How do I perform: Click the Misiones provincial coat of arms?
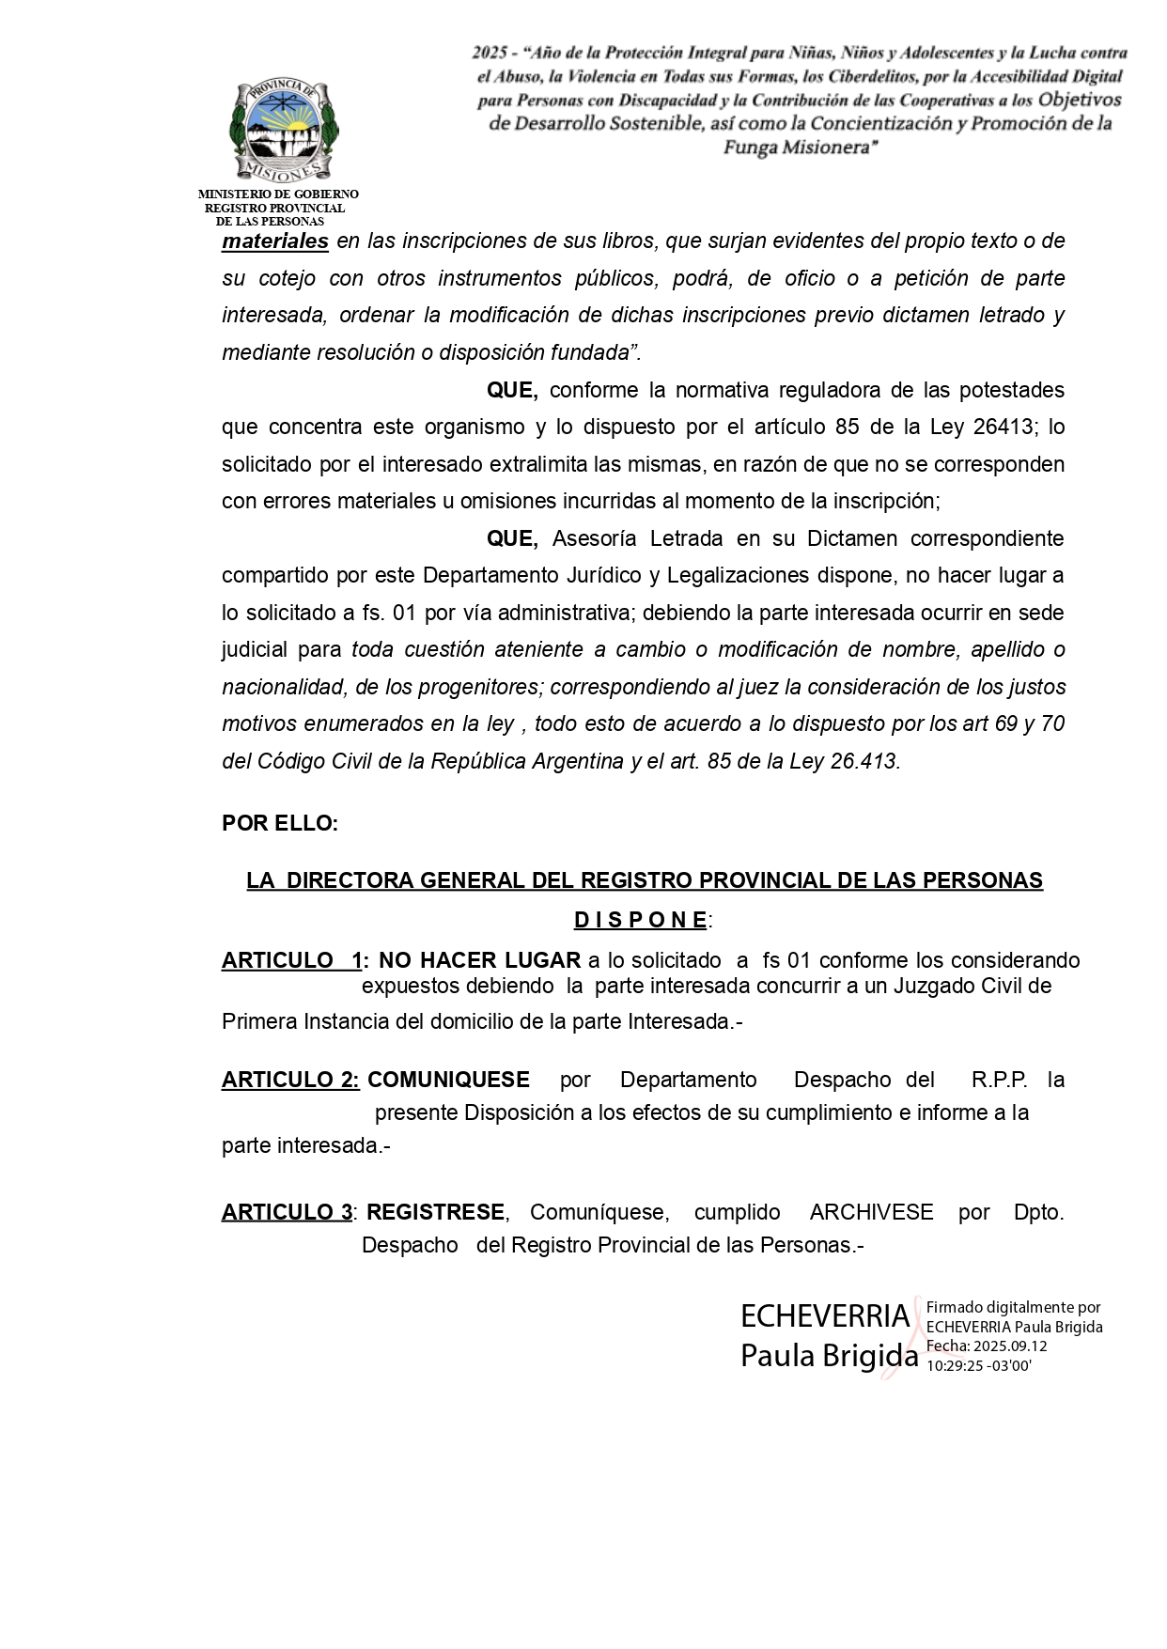(284, 131)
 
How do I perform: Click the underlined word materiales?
(275, 241)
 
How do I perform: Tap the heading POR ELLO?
(280, 824)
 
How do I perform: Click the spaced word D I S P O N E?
(641, 920)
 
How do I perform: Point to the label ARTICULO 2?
(290, 1081)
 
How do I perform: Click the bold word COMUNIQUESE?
(448, 1081)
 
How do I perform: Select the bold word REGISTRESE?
(435, 1213)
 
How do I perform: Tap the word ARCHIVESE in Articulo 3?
(871, 1213)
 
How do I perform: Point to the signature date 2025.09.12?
(1010, 1346)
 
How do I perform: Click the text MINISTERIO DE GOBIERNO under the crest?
(278, 194)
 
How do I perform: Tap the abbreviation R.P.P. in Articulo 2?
(1000, 1081)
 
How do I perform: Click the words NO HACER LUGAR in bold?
(479, 961)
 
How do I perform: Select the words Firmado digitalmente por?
(1013, 1307)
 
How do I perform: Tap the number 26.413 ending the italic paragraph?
(864, 762)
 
